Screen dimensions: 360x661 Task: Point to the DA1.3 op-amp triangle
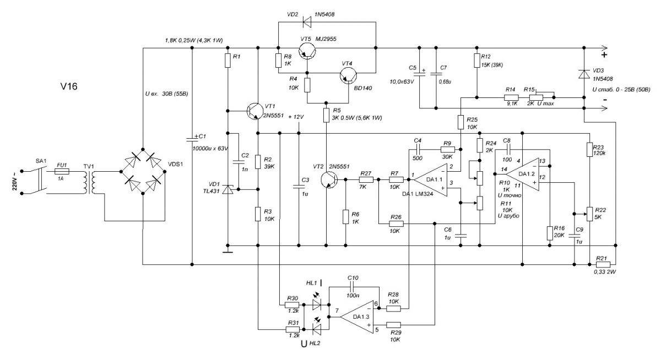(x=356, y=318)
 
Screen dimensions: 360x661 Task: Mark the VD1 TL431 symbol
(x=228, y=190)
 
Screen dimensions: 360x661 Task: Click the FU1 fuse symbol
(x=62, y=172)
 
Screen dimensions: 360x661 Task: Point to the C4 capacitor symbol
(x=420, y=150)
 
